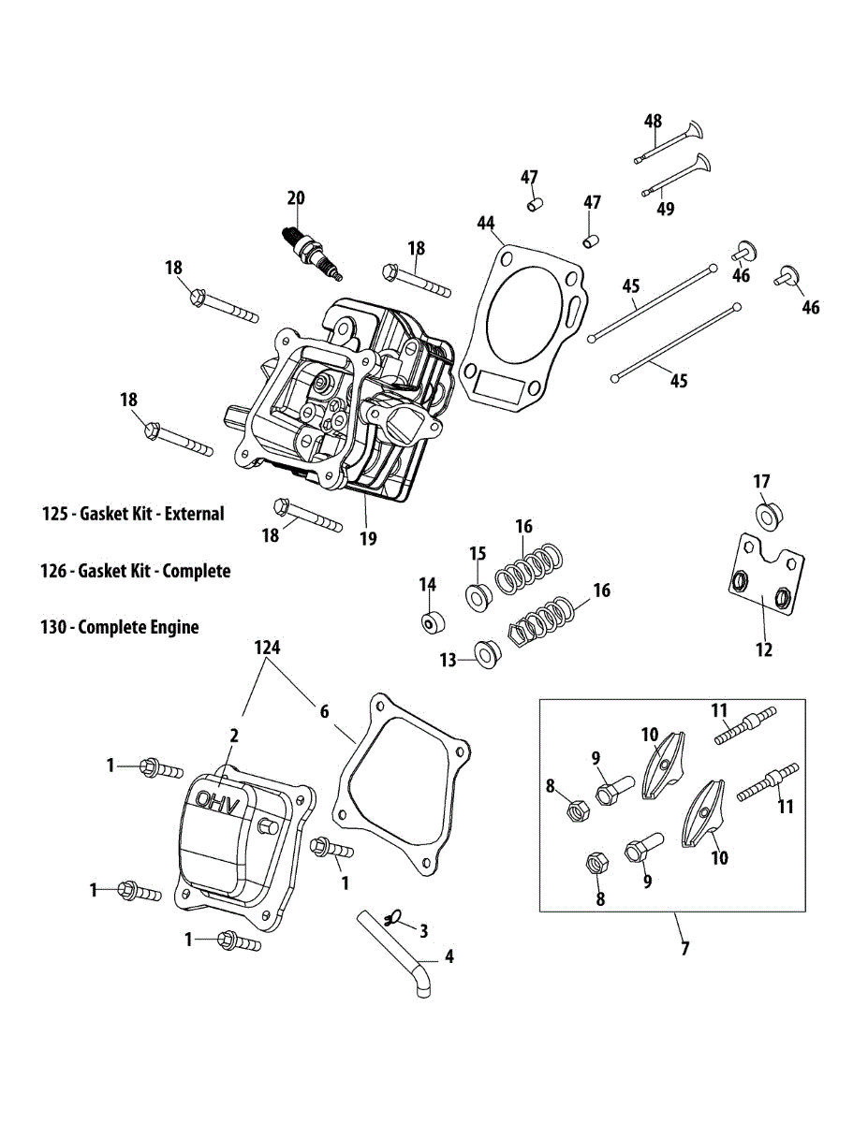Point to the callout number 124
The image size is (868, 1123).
[x=268, y=647]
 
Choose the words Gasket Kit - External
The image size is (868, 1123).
[x=152, y=514]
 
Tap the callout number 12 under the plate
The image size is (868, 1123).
[x=764, y=649]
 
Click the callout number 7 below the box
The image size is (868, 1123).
[x=684, y=949]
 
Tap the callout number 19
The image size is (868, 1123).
[x=368, y=538]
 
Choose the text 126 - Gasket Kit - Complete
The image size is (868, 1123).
[x=137, y=571]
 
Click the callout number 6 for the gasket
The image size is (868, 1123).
[x=324, y=711]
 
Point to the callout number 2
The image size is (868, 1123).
[x=234, y=735]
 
